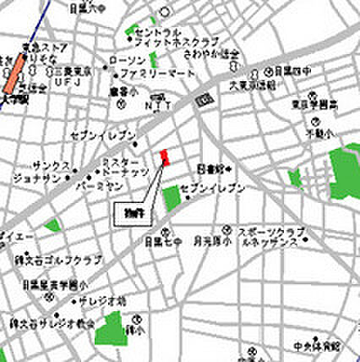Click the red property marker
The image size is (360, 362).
166,157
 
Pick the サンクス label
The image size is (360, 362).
47,165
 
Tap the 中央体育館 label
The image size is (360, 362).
320,346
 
